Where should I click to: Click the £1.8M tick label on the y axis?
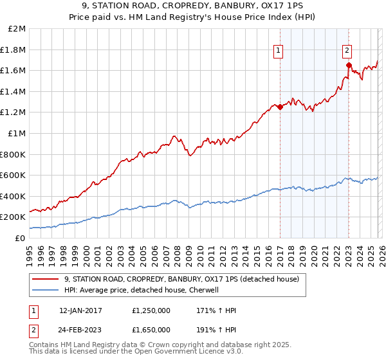point(13,50)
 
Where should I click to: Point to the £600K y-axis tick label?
point(13,175)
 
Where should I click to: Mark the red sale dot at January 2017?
point(280,107)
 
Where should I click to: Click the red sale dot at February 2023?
point(349,65)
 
